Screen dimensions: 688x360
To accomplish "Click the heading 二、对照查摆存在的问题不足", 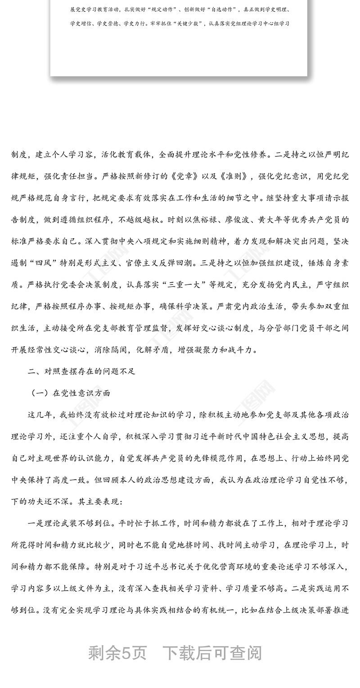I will point(81,371).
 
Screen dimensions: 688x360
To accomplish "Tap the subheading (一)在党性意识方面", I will point(71,393).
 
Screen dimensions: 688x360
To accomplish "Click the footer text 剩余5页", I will point(117,652).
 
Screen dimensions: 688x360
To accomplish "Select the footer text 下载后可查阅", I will point(211,652).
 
